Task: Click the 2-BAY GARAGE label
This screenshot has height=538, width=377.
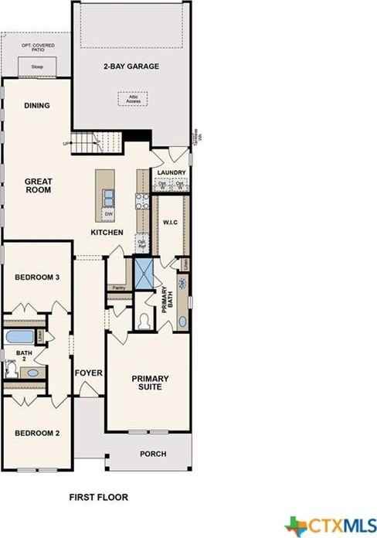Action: tap(131, 66)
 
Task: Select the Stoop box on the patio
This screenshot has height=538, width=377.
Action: tap(37, 67)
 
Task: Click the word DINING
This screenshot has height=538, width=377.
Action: tap(37, 107)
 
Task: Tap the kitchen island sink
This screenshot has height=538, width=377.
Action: tap(109, 197)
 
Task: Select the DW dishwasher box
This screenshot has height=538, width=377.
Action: tap(108, 213)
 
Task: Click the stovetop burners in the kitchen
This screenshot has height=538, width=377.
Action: tap(142, 200)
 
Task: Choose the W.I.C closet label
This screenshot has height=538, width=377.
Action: tap(170, 223)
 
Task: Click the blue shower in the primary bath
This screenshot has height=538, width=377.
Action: tap(144, 273)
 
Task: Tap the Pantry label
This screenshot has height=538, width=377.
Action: tap(118, 288)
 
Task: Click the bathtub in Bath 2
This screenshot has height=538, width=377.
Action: tap(20, 337)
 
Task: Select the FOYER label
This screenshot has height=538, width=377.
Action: tap(89, 373)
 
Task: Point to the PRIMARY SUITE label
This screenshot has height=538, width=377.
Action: tap(150, 383)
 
